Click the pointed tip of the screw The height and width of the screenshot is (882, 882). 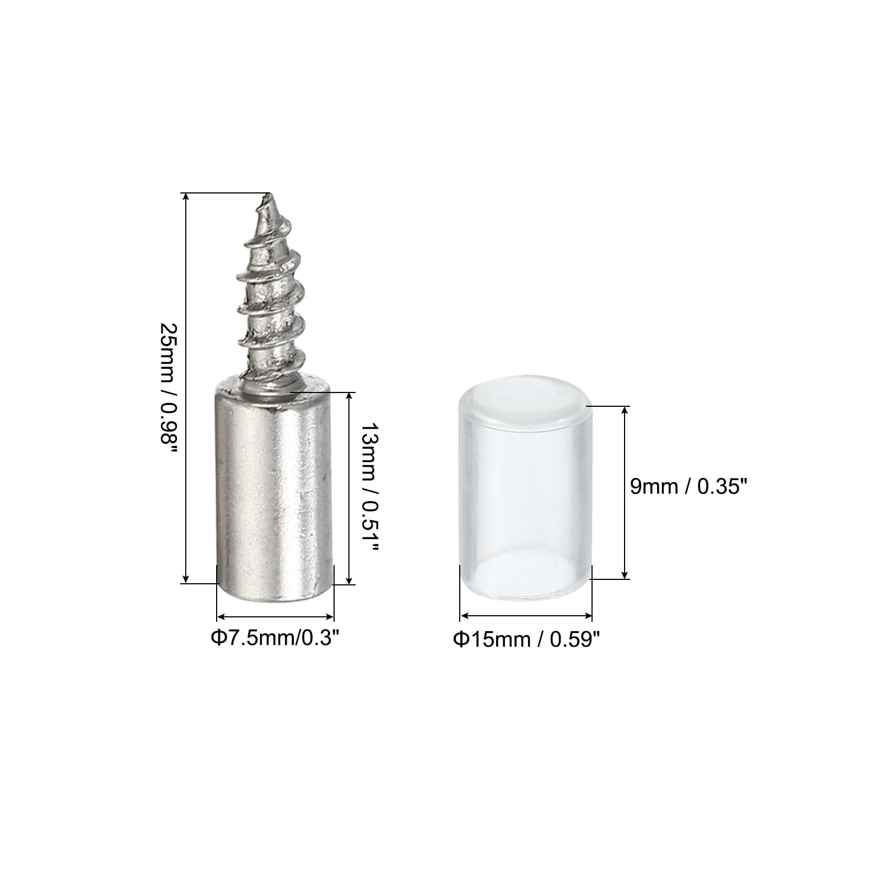point(268,194)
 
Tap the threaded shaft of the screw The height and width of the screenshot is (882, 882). point(270,292)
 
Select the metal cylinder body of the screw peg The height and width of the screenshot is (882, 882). point(275,491)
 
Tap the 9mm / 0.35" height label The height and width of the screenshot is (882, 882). point(689,486)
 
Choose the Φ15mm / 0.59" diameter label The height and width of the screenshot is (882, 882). point(526,639)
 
